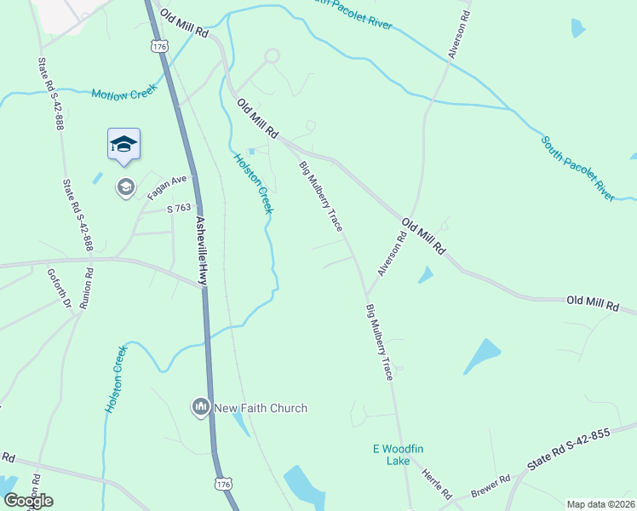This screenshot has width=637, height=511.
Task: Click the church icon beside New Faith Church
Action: pos(201,408)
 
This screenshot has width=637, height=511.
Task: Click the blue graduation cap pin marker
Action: pos(123,144)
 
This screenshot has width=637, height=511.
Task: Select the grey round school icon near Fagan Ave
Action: pos(126,187)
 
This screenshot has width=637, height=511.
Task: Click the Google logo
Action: pos(27,501)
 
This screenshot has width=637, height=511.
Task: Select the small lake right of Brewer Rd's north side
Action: pos(482,356)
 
